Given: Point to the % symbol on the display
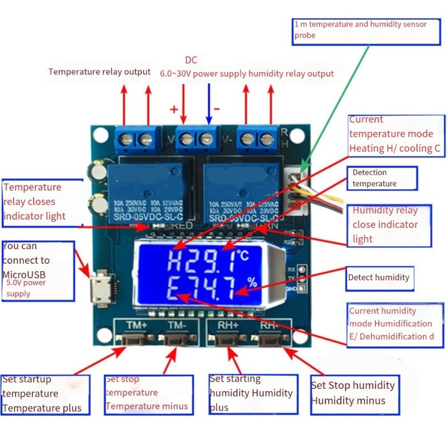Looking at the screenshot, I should [x=253, y=282].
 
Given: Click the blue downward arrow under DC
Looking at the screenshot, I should [x=208, y=104].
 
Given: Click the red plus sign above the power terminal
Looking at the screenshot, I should [x=173, y=108].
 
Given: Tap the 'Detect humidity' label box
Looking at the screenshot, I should [x=379, y=278].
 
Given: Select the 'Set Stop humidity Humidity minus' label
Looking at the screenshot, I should [x=354, y=393].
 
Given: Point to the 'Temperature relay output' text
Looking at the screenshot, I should [x=99, y=72].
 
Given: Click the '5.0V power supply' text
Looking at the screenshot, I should [x=26, y=288].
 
